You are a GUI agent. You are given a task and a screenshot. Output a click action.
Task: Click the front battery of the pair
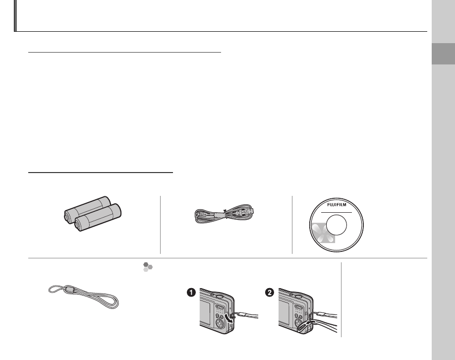click(98, 217)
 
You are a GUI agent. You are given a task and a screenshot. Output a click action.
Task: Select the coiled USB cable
click(224, 214)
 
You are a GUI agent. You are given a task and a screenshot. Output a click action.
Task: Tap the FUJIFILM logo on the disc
click(337, 205)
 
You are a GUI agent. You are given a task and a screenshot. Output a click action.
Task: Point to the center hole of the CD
click(337, 225)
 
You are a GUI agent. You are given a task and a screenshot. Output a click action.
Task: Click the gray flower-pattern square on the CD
click(323, 233)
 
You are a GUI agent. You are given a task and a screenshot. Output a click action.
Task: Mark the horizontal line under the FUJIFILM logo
click(337, 213)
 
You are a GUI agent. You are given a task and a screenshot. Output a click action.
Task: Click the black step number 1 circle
click(191, 293)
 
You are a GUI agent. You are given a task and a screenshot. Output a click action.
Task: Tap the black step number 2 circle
click(270, 293)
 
